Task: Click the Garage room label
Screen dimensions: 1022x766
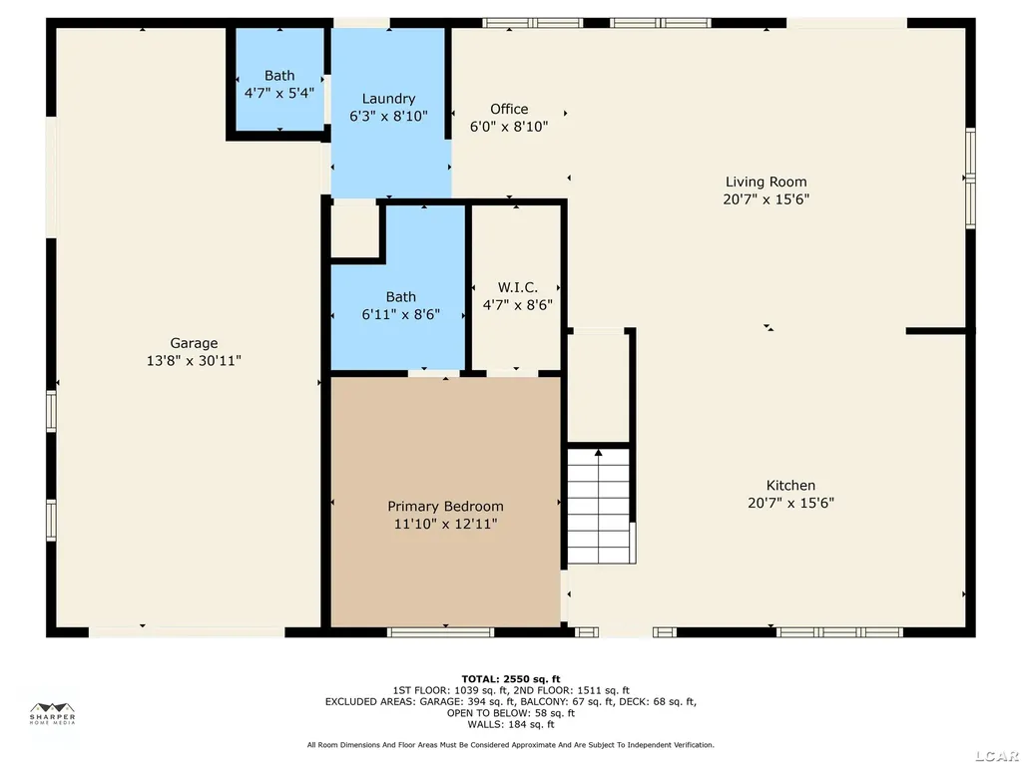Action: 194,343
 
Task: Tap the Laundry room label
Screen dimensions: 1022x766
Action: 388,99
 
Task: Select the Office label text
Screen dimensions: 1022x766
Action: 509,109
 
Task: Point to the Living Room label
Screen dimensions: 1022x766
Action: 766,182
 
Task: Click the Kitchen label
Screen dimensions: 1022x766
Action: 790,486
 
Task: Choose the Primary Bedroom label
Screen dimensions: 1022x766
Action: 445,506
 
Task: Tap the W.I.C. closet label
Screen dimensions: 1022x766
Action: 518,287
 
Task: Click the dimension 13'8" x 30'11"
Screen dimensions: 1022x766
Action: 194,361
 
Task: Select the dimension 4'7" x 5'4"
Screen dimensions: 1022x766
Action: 279,93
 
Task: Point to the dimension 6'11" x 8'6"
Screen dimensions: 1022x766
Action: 401,314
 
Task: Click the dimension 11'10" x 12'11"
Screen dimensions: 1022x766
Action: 445,524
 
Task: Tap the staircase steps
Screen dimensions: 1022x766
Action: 599,506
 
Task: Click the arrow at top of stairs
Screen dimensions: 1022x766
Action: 599,452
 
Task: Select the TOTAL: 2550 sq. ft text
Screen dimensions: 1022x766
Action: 510,678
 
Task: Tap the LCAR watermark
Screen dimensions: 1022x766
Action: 998,756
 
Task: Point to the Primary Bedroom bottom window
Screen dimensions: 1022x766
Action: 440,631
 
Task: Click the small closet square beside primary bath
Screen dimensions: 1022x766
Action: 355,232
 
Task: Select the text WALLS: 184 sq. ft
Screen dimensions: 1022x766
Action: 510,724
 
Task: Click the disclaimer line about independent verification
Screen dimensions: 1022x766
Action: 510,744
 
